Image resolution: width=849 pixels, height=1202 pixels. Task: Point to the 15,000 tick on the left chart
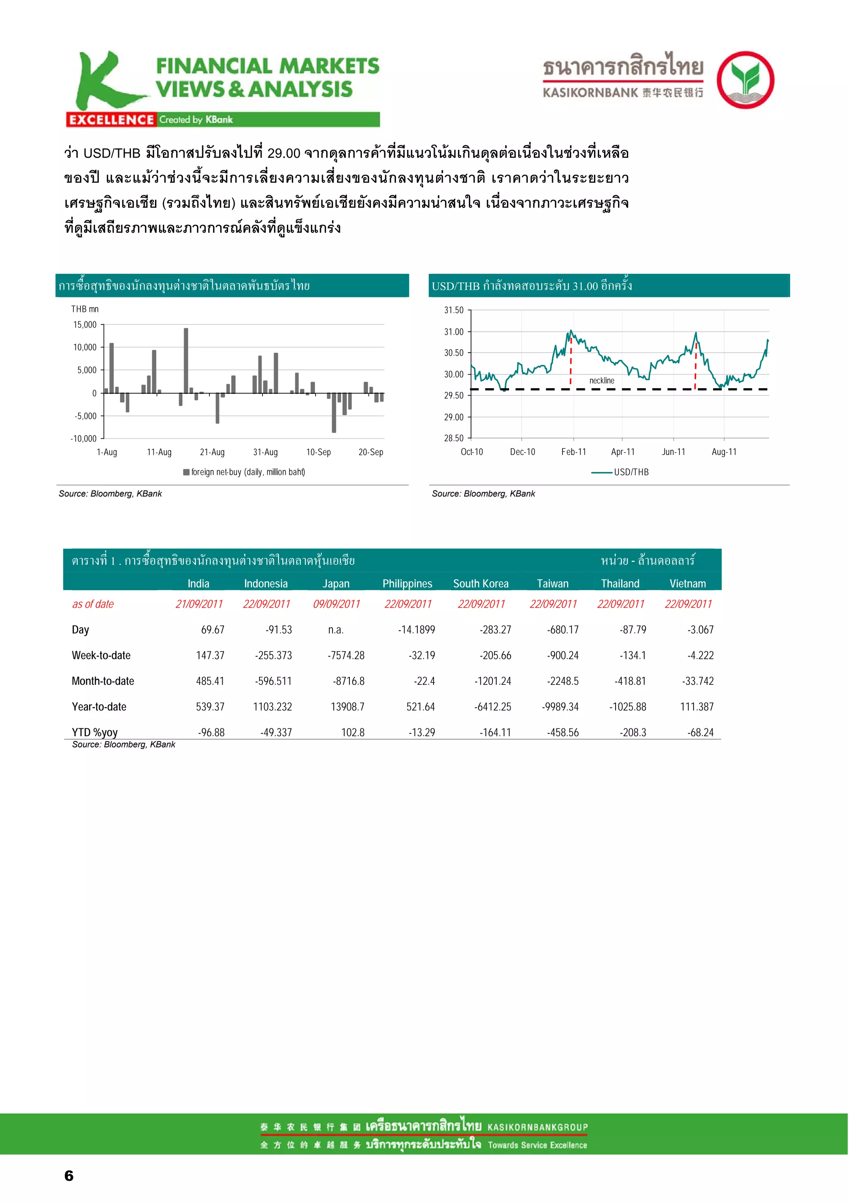pos(85,325)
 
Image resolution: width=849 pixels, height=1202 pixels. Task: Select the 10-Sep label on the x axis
pos(318,452)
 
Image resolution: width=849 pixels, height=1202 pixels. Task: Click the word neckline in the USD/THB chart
pos(602,381)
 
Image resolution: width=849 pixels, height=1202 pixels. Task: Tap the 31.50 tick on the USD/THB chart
pos(454,310)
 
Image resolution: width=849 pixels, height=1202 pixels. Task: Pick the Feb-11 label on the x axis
pos(573,452)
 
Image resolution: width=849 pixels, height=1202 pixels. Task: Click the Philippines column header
pos(407,583)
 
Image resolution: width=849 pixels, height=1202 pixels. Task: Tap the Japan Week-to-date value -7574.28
pos(346,655)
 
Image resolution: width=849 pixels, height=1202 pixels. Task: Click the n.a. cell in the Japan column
pos(336,630)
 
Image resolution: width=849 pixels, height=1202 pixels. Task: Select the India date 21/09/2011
pos(199,604)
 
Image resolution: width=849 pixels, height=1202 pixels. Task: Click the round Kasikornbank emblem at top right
pos(745,80)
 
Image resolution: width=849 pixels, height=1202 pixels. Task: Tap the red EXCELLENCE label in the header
pos(111,120)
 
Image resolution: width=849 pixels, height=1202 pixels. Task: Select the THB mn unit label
pos(85,309)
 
